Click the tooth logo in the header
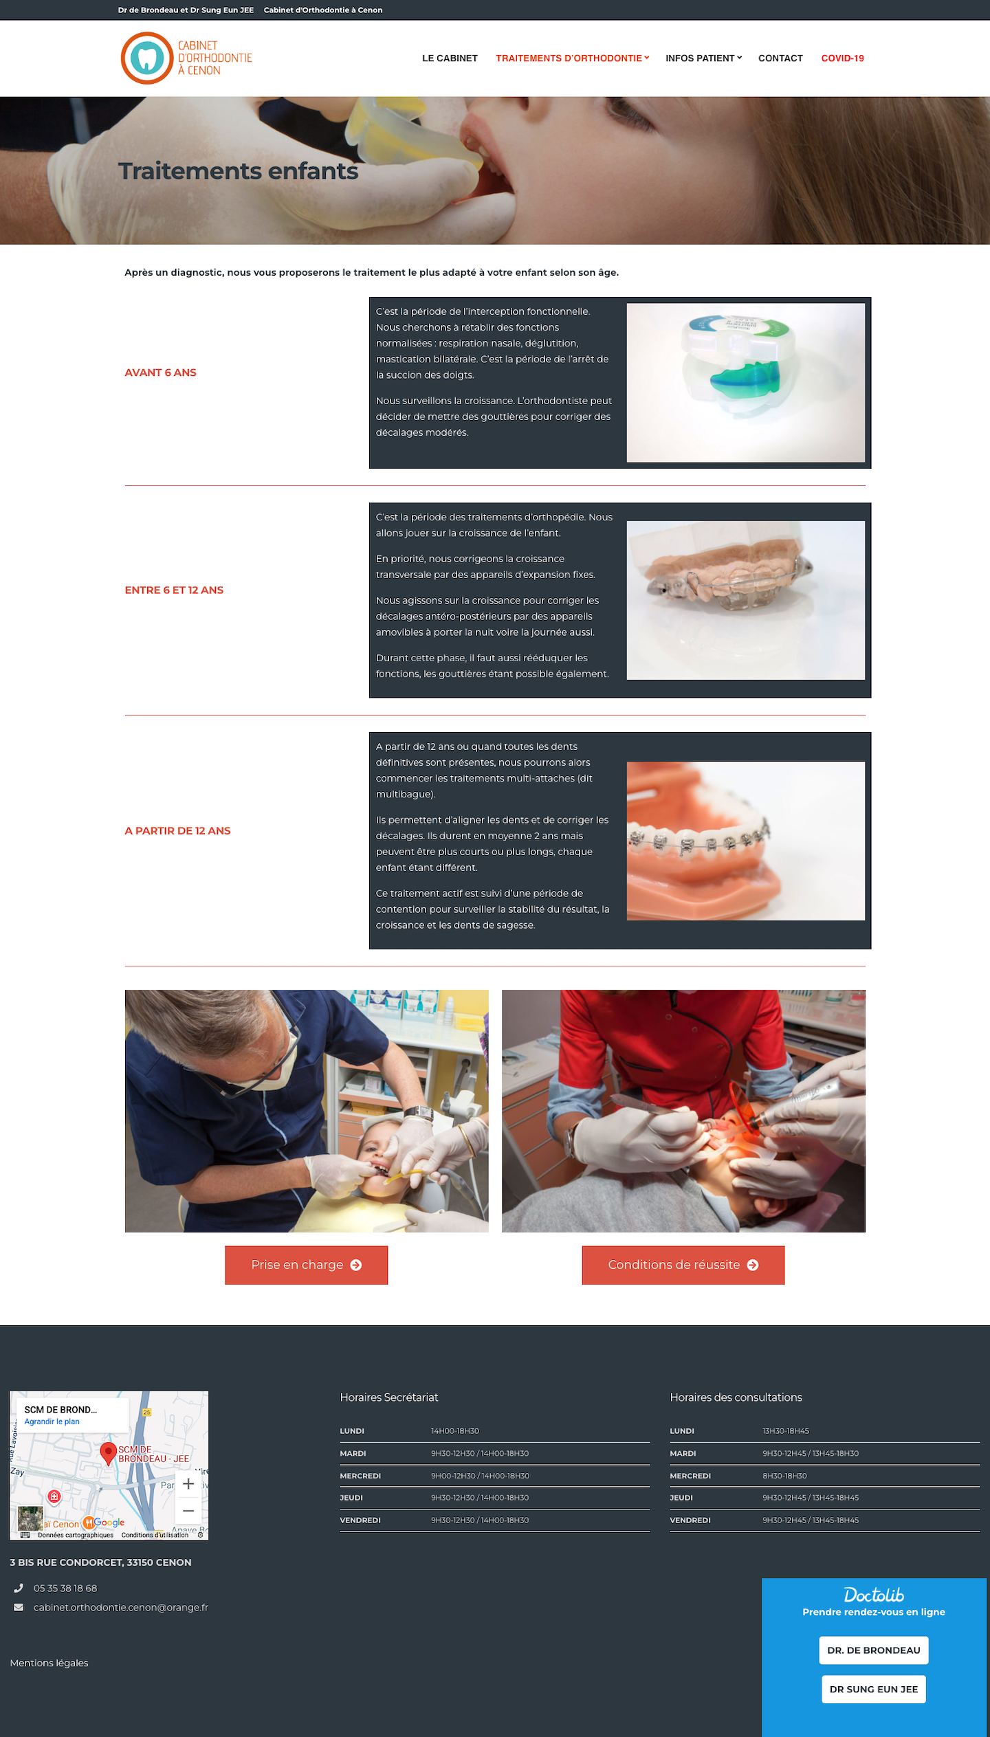coord(146,58)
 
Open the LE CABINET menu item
coord(450,58)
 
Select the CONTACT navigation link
coord(780,58)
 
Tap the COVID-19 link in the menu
coord(842,58)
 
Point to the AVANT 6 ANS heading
coord(160,373)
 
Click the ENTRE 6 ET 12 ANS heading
coord(174,590)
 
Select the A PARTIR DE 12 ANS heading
coord(177,830)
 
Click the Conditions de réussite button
coord(683,1265)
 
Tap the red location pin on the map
coord(108,1452)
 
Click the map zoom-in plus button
coord(188,1483)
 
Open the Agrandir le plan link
coord(52,1421)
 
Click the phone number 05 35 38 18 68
coord(65,1588)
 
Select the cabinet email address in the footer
coord(120,1607)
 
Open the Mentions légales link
coord(49,1663)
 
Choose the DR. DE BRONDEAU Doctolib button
coord(873,1650)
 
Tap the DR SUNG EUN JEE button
coord(873,1689)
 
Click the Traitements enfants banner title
coord(238,170)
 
